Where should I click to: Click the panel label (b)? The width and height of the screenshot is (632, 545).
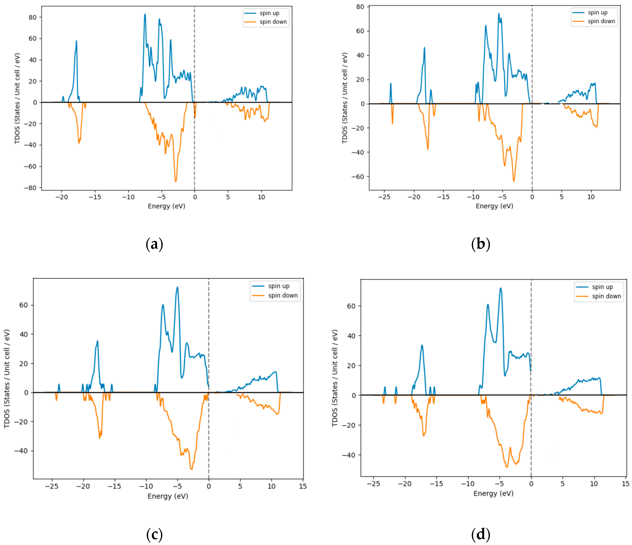pyautogui.click(x=480, y=244)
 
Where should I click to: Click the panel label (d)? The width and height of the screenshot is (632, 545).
pyautogui.click(x=480, y=534)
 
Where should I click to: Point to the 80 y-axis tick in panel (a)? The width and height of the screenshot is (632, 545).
pyautogui.click(x=32, y=17)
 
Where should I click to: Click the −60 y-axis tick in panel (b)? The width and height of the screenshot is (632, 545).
pyautogui.click(x=358, y=177)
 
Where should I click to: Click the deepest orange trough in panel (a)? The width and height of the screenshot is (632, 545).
pyautogui.click(x=176, y=182)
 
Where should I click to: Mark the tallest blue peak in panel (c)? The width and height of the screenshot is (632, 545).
pyautogui.click(x=177, y=287)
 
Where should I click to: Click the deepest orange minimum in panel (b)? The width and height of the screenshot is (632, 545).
pyautogui.click(x=514, y=181)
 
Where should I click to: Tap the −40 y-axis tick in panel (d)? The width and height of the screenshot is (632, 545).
pyautogui.click(x=349, y=455)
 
